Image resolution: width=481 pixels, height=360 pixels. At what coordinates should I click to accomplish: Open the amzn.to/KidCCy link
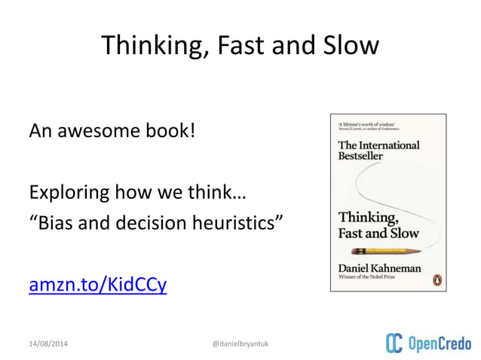point(97,287)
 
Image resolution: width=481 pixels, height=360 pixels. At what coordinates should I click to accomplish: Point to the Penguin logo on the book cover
point(434,279)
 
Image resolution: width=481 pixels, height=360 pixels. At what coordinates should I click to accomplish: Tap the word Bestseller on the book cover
point(360,156)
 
